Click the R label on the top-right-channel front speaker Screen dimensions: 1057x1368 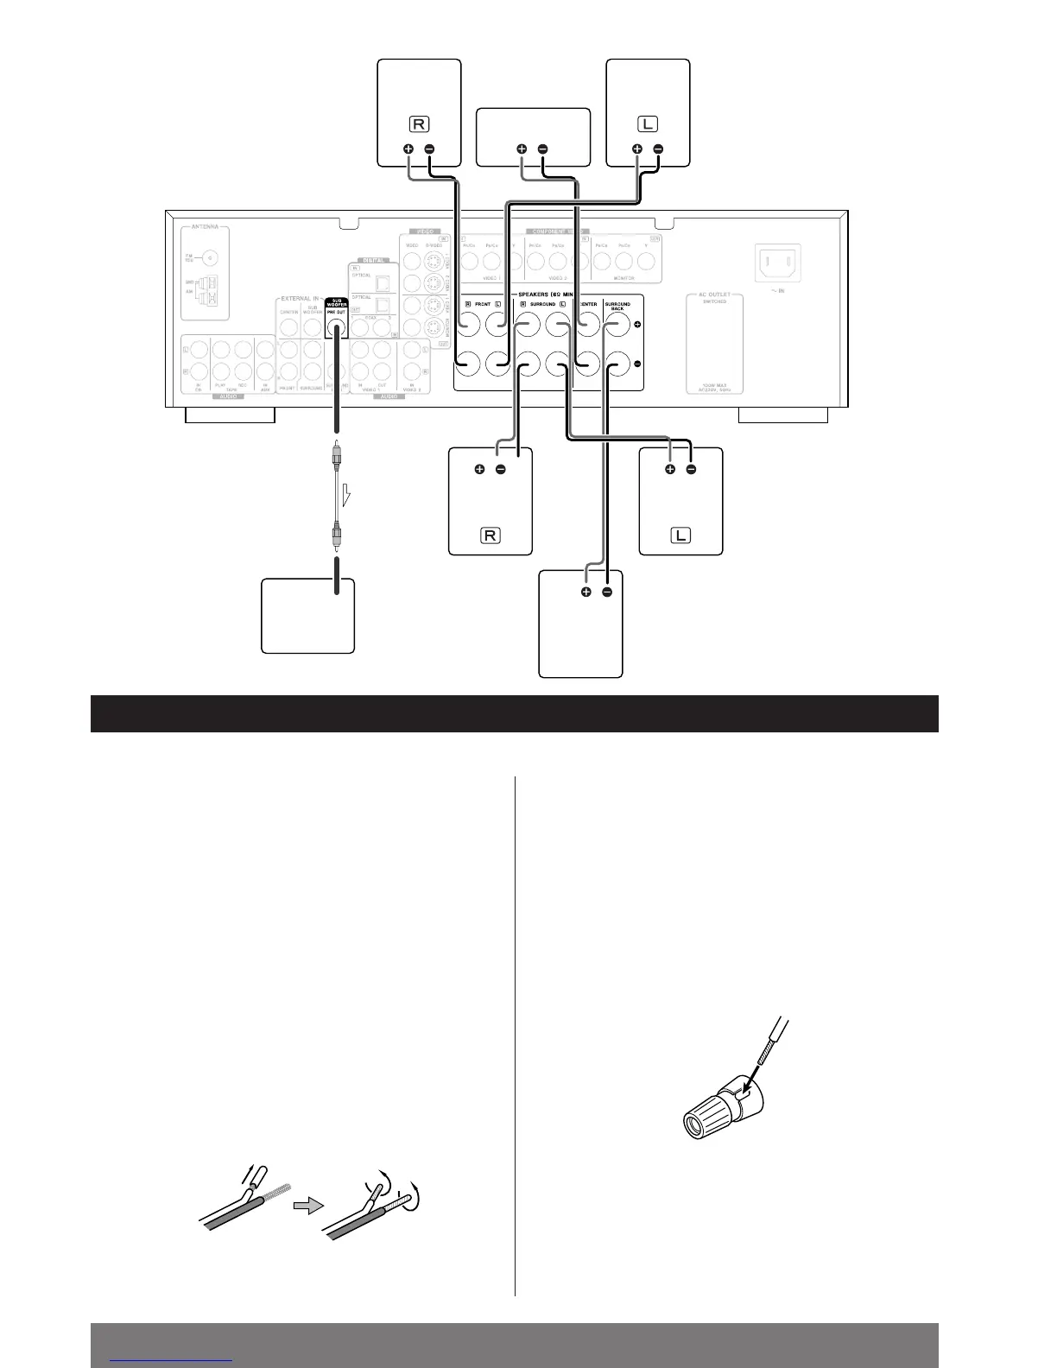pyautogui.click(x=419, y=124)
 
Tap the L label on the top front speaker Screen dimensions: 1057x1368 pyautogui.click(x=648, y=124)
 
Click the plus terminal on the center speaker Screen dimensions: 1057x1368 pyautogui.click(x=522, y=149)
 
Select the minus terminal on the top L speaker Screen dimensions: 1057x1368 pyautogui.click(x=658, y=149)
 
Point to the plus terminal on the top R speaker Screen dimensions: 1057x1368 pyautogui.click(x=409, y=149)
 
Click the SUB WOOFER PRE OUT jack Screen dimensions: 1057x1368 pyautogui.click(x=337, y=328)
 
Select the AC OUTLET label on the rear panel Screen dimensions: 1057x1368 pyautogui.click(x=714, y=296)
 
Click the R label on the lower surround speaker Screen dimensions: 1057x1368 pyautogui.click(x=490, y=535)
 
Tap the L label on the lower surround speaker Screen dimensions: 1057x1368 pyautogui.click(x=680, y=535)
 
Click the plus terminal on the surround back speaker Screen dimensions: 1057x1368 pyautogui.click(x=585, y=592)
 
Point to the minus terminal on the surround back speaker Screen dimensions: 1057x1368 pyautogui.click(x=607, y=592)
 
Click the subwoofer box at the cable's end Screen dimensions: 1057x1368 pyautogui.click(x=307, y=616)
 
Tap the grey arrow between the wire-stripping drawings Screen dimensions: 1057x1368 pyautogui.click(x=307, y=1206)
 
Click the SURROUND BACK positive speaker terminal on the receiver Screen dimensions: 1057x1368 pyautogui.click(x=616, y=326)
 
